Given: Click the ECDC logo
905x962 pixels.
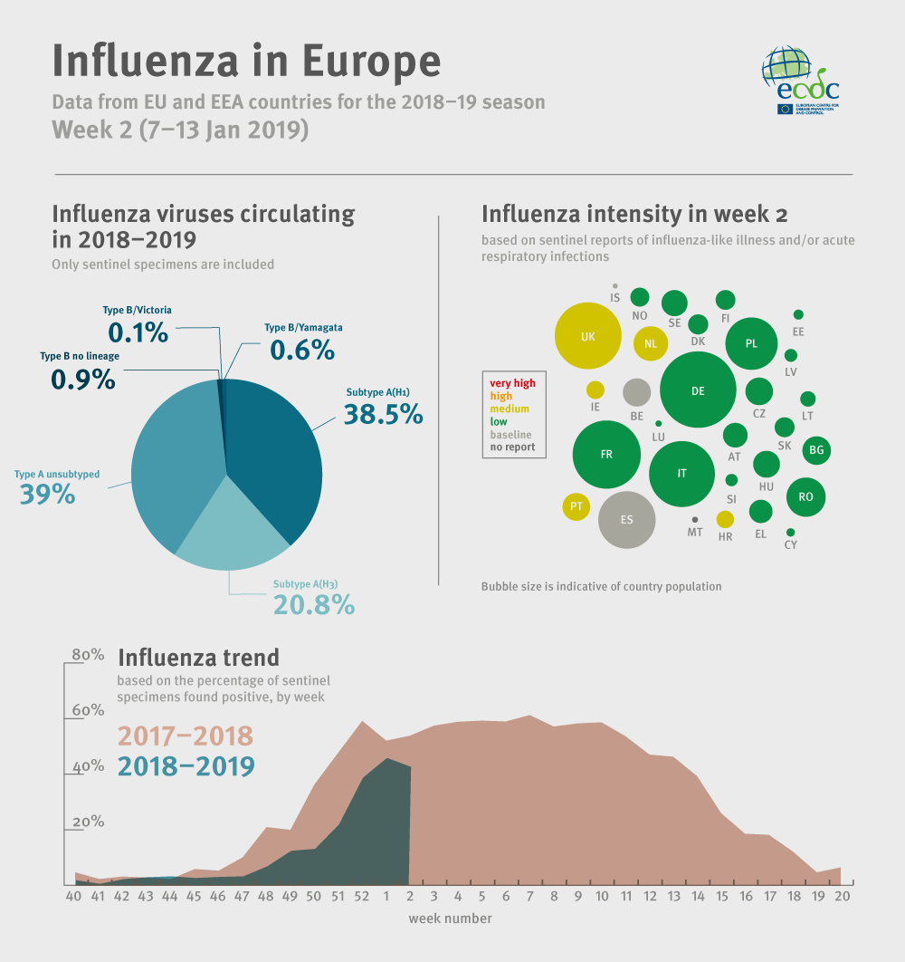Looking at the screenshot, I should [x=801, y=81].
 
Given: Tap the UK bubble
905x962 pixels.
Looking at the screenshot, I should [x=588, y=336].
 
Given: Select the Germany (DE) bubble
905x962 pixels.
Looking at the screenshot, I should [x=697, y=390].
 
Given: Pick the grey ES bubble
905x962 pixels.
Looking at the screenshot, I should [x=626, y=520].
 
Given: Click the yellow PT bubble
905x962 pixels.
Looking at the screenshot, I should [x=576, y=506].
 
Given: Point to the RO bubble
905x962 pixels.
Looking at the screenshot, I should [x=805, y=496].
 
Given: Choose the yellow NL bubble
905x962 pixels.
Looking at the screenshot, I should [x=651, y=343].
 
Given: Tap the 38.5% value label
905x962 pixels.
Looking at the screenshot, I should [x=383, y=414].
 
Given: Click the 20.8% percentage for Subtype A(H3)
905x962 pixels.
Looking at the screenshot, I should [x=313, y=605].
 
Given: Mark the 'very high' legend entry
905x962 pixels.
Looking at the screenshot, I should [x=512, y=383].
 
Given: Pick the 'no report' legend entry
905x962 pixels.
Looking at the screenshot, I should [x=512, y=447].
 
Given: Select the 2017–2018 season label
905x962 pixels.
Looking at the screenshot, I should [x=186, y=735].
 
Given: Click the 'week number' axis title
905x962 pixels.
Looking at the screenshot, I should [x=450, y=919].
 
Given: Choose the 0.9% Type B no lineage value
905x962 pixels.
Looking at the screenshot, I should [x=83, y=380].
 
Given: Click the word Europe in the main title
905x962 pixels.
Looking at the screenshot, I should [x=371, y=60].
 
